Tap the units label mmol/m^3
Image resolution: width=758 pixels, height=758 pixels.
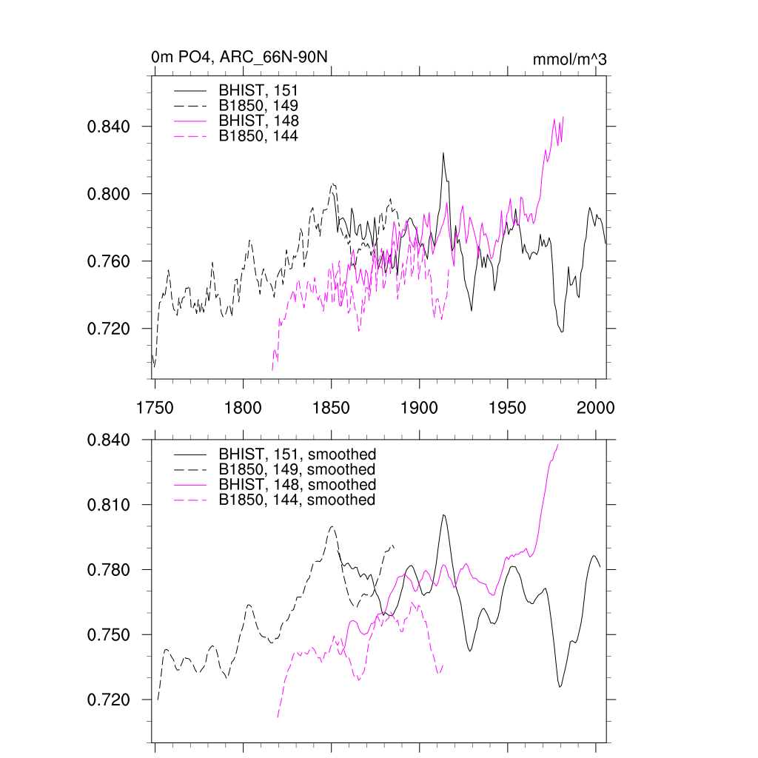[x=569, y=58]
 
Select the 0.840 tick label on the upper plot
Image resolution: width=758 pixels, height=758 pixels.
[x=109, y=127]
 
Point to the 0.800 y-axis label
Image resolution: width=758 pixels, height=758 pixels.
[x=109, y=194]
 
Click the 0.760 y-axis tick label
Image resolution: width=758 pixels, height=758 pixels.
[x=109, y=261]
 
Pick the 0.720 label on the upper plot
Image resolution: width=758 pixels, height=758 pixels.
[x=109, y=329]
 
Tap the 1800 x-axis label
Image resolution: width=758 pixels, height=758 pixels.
[x=243, y=407]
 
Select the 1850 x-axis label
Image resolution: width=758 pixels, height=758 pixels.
[x=331, y=407]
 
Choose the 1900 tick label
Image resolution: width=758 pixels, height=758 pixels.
[x=420, y=407]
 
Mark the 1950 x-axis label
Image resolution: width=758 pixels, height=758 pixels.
[x=508, y=407]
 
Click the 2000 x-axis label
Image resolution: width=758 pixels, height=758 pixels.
[x=596, y=407]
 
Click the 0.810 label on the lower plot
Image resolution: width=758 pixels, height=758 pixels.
[x=109, y=505]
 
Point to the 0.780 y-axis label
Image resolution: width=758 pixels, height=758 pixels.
[x=109, y=570]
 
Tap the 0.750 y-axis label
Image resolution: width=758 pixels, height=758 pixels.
[x=109, y=635]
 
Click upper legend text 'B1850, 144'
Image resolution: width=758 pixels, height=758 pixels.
[x=258, y=135]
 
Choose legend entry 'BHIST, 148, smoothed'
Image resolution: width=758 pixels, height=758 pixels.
[x=297, y=485]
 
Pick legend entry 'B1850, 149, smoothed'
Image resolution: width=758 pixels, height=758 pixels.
[x=297, y=469]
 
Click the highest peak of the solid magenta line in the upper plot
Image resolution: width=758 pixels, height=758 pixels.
[x=563, y=117]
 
